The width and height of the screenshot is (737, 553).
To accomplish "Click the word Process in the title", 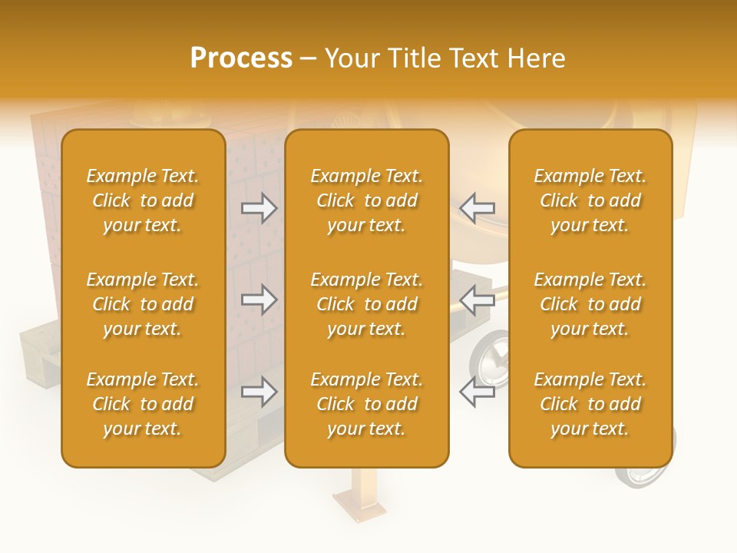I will coord(241,58).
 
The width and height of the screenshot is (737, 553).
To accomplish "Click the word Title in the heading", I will coord(415,58).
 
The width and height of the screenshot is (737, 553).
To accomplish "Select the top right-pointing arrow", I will coord(259,208).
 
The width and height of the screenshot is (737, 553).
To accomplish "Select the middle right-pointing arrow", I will coord(259,300).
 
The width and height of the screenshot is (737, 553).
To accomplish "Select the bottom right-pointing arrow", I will coord(259,392).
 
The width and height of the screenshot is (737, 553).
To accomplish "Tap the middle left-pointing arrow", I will coord(478,300).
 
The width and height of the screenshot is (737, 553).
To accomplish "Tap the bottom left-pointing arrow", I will coord(478,392).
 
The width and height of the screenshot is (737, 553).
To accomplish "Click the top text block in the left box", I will coord(143,200).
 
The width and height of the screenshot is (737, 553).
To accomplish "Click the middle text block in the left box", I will coord(143,304).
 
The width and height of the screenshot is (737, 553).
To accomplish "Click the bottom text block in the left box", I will coord(143,404).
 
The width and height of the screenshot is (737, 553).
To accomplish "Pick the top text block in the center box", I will coord(366,200).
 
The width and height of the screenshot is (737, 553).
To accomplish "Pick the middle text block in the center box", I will coord(366,304).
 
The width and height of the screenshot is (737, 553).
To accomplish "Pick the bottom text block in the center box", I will coord(366,404).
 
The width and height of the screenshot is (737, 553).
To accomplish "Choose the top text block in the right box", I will coord(590,200).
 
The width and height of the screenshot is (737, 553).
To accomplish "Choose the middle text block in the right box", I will coord(590,304).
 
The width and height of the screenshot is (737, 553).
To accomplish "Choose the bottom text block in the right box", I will coord(590,404).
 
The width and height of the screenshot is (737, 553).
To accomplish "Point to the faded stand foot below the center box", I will coord(359,504).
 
